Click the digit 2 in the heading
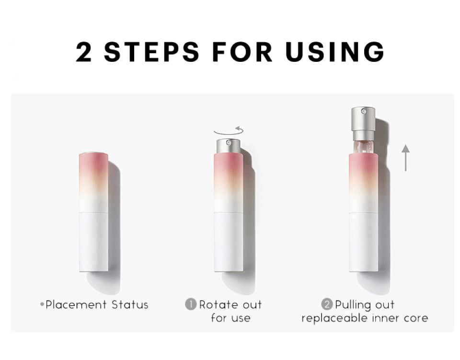click(x=84, y=52)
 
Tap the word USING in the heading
click(x=335, y=52)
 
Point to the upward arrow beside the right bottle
click(x=406, y=158)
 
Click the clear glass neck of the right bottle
click(x=363, y=145)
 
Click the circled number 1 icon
click(x=191, y=304)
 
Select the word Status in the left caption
click(x=130, y=305)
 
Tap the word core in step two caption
click(x=415, y=318)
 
